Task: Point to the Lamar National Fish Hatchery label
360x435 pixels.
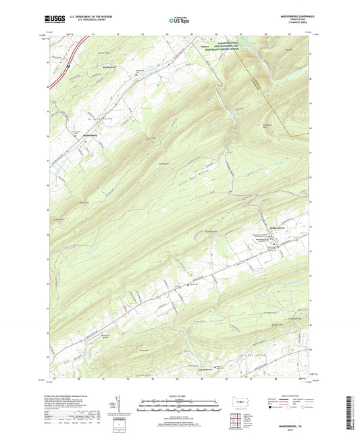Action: (x=229, y=47)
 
